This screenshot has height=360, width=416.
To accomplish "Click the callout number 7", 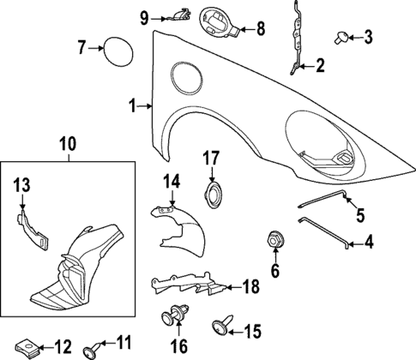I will [x=81, y=47].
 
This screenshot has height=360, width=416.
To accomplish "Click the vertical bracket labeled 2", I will [x=296, y=39].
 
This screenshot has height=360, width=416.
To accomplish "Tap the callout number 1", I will [x=133, y=106].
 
